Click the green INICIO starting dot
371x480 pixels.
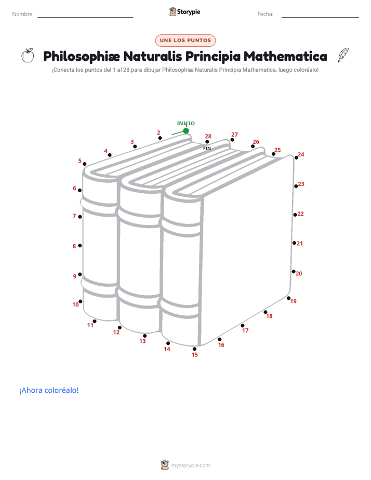tap(186, 131)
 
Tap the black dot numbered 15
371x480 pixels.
tap(194, 349)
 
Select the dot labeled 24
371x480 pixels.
tap(296, 157)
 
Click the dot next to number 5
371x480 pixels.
tap(85, 164)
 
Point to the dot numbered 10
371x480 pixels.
tap(80, 301)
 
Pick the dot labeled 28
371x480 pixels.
tap(207, 142)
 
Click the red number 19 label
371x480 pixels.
tap(293, 301)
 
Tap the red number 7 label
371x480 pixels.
tap(74, 216)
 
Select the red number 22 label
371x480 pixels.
tap(301, 214)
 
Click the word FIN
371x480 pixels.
tap(207, 149)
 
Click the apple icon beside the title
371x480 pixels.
tap(28, 56)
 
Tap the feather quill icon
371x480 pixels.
tap(343, 55)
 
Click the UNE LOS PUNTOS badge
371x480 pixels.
tap(186, 41)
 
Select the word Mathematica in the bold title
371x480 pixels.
tap(285, 56)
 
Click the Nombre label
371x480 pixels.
tap(23, 14)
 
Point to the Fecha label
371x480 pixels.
tap(265, 14)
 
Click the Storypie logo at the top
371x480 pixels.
tap(184, 11)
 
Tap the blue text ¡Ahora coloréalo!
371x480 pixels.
tap(49, 390)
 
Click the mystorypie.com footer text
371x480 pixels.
tap(190, 465)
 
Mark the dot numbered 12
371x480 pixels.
tap(120, 328)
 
